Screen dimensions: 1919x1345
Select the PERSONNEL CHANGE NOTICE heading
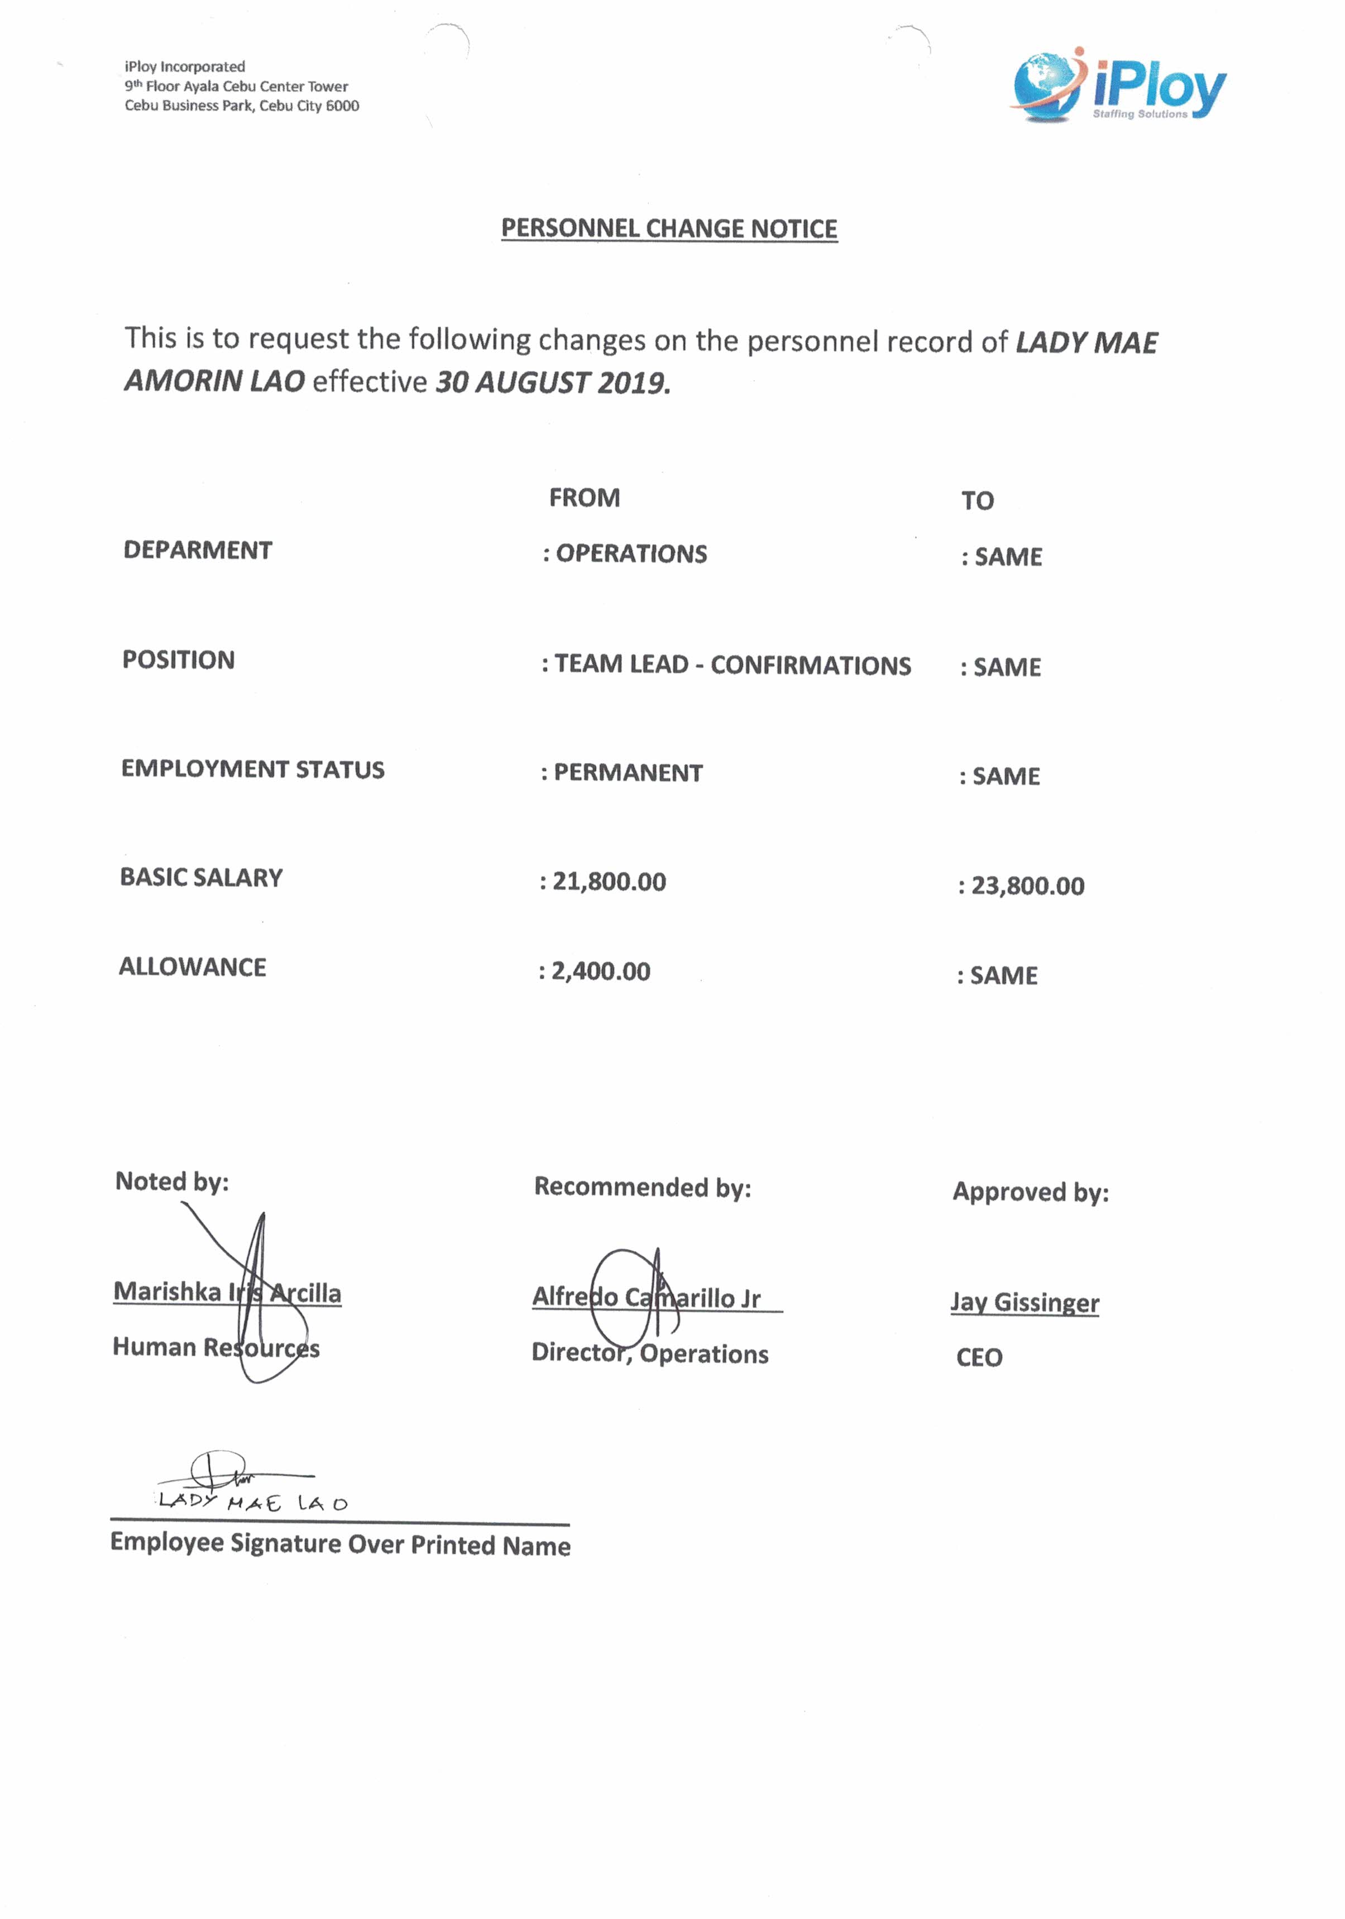coord(669,228)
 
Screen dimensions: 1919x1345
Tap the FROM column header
coord(585,498)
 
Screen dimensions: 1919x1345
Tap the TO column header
coord(977,501)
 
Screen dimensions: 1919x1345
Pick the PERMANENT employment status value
coord(628,773)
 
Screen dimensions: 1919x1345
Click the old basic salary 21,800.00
coord(609,882)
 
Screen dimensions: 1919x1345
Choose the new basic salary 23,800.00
coord(1027,886)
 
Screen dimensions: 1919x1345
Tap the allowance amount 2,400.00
coord(600,971)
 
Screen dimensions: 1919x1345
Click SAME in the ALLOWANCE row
coord(1003,975)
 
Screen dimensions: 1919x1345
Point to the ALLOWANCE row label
coord(192,967)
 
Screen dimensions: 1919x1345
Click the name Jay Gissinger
coord(1025,1302)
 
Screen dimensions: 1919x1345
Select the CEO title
coord(979,1357)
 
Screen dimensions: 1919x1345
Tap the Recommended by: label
coord(642,1188)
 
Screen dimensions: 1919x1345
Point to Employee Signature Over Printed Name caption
coord(340,1544)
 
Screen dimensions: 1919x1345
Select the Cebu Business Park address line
coord(242,106)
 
